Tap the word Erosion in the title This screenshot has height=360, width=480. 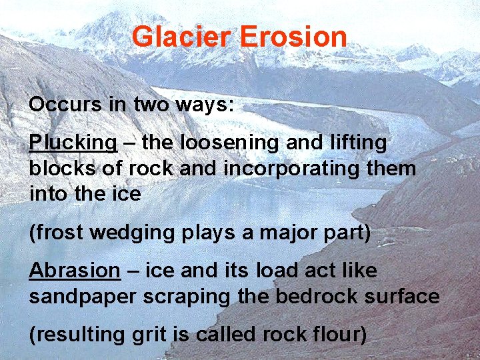[293, 37]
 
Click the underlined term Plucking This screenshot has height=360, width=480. [73, 143]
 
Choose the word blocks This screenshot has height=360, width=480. [60, 169]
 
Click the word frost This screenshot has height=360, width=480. [57, 233]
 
